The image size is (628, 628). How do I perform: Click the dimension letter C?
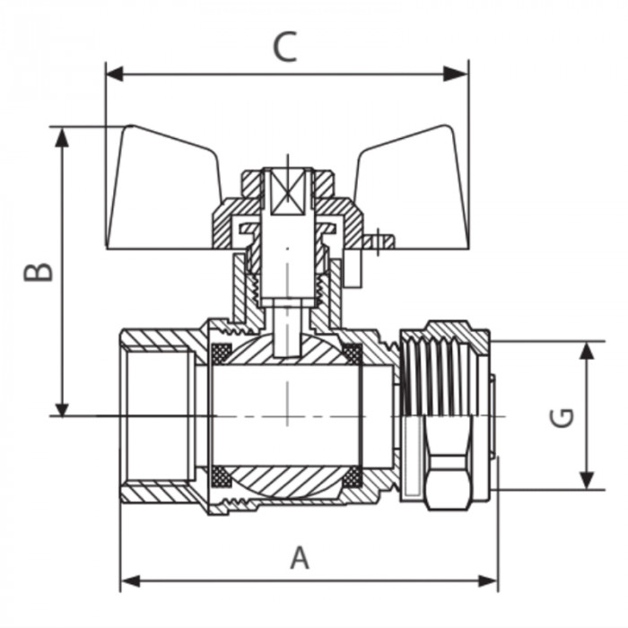(x=284, y=47)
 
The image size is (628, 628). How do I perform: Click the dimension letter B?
(x=38, y=272)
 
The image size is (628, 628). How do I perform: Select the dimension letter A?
(x=300, y=558)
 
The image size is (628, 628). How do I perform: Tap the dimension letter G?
(x=563, y=417)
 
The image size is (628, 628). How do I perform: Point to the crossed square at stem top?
(x=288, y=192)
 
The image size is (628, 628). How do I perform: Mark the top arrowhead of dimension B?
(x=62, y=135)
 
